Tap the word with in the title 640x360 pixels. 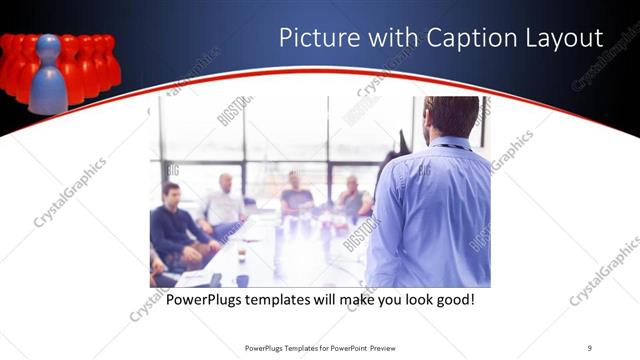tap(385, 38)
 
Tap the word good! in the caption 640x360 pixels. tap(452, 299)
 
